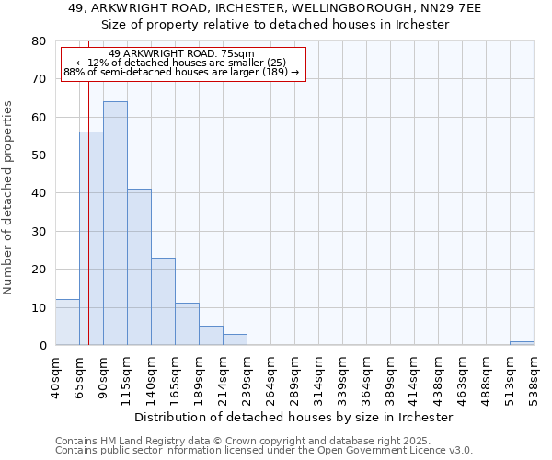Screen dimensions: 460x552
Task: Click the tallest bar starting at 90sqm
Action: (115, 224)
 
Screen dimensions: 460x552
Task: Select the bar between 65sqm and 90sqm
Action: (91, 239)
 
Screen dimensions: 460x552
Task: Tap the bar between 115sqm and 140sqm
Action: (139, 267)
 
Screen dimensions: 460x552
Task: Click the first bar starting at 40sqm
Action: (67, 322)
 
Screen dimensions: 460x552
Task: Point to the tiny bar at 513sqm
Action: (522, 343)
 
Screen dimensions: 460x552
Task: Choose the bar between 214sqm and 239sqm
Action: (235, 339)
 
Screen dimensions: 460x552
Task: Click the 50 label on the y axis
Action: (40, 155)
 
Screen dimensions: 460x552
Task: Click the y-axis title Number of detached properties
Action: (9, 193)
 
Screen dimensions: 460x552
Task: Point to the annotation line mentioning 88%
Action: (181, 72)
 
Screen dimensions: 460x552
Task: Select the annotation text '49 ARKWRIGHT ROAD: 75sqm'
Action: (181, 53)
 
